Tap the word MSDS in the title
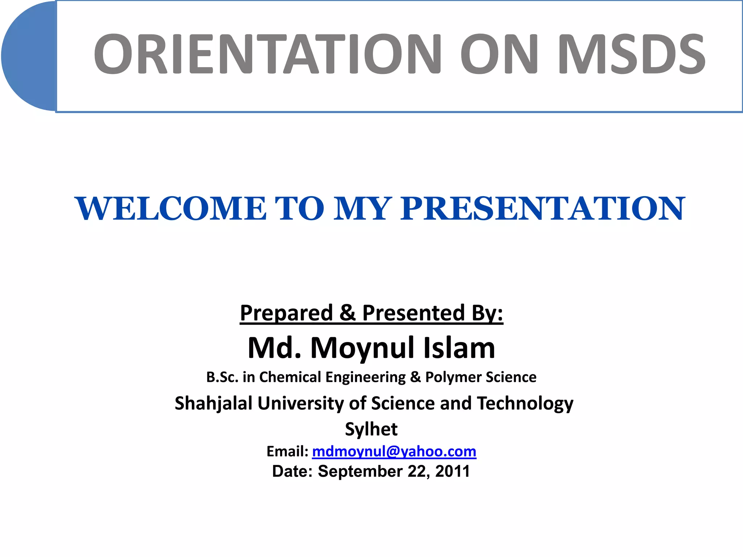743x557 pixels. coord(631,54)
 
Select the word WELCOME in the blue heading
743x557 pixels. coord(171,209)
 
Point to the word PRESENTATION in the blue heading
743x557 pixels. coord(542,209)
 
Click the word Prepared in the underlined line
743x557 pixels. coord(286,313)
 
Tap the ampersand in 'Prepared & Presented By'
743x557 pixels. coord(347,313)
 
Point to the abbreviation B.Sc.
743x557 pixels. coord(222,377)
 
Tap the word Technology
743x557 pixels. coord(525,404)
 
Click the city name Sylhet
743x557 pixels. coord(371,429)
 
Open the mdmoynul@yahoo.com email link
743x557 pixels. coord(394,451)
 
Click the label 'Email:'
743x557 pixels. coord(287,451)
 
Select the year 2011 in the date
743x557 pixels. coord(452,471)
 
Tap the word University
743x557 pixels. coord(300,404)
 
